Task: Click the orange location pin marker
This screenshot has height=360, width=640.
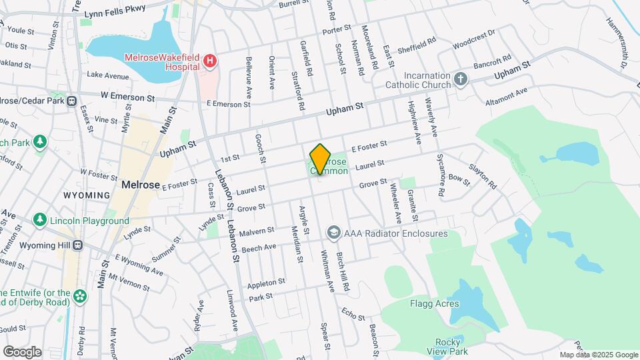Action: pos(321,158)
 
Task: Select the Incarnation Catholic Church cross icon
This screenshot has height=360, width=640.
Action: pos(460,80)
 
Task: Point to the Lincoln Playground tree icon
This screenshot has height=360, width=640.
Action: pos(41,221)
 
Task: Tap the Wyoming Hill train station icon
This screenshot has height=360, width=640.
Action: pos(77,243)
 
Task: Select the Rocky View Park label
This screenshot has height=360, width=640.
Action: pos(447,346)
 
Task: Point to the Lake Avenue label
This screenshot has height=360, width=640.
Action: pos(107,75)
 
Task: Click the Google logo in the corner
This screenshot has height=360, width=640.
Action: pos(22,351)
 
